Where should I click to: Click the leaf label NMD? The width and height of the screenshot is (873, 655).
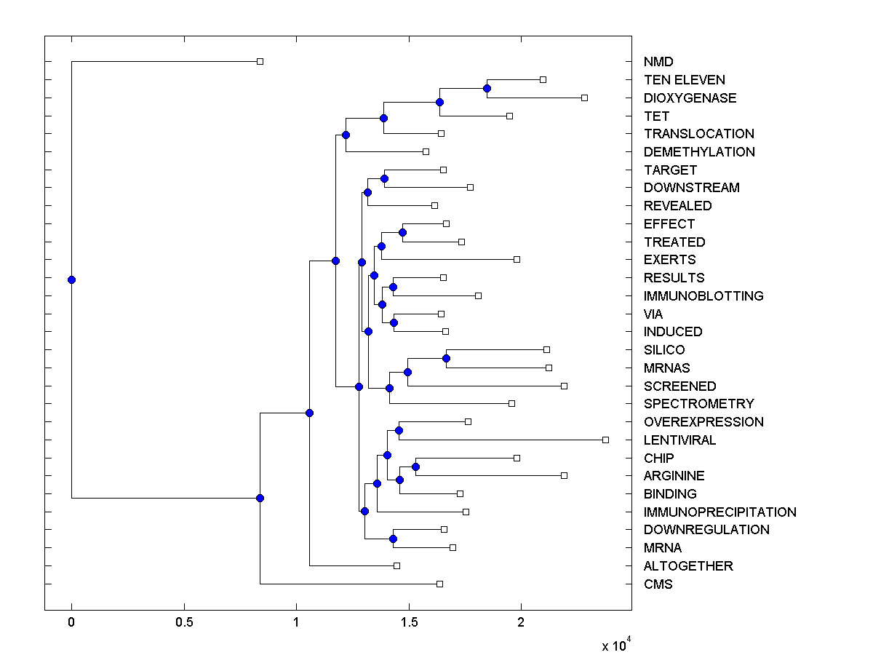[x=658, y=62]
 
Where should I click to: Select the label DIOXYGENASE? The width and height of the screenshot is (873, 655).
[x=690, y=98]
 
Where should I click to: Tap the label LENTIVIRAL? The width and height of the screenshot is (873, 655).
[x=679, y=440]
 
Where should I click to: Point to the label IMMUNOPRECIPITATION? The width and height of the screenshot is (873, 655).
[x=719, y=512]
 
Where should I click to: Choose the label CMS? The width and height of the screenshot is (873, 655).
[x=658, y=584]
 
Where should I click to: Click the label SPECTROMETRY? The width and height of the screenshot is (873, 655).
[x=698, y=403]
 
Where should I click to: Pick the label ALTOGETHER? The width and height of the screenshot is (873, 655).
[x=688, y=565]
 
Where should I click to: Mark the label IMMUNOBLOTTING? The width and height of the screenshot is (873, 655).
[x=703, y=295]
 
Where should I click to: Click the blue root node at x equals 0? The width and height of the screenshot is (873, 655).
[x=71, y=279]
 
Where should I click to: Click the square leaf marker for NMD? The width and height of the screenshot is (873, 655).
[x=260, y=62]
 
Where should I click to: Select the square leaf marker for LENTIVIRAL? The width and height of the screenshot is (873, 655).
[x=605, y=440]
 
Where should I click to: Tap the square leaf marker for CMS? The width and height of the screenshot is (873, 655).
[x=439, y=584]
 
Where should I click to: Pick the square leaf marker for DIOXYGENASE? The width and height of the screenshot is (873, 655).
[x=584, y=98]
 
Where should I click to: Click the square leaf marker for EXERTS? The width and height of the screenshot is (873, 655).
[x=517, y=259]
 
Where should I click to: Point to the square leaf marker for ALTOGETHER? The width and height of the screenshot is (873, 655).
[x=396, y=565]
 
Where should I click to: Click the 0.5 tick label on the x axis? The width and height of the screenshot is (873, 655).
[x=184, y=623]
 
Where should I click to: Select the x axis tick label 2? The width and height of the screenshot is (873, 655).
[x=521, y=623]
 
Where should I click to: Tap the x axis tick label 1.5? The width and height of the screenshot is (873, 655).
[x=409, y=623]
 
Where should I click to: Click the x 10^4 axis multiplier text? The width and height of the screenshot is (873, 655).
[x=615, y=645]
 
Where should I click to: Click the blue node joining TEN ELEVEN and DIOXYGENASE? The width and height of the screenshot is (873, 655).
[x=487, y=89]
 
